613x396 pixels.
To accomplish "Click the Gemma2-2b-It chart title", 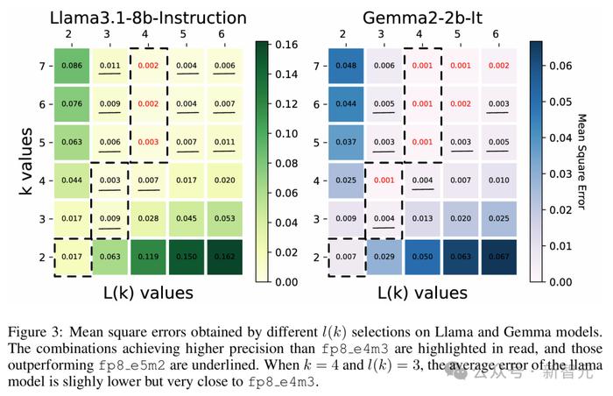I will coord(445,17).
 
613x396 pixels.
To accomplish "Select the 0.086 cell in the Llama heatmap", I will coord(72,66).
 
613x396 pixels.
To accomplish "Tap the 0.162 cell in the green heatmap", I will coord(225,258).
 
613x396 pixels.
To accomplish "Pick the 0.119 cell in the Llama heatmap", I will coord(148,258).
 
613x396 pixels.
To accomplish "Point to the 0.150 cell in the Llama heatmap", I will coord(187,258).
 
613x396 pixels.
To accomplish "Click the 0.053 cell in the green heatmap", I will coord(225,219).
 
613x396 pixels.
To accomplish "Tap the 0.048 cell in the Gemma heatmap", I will coord(348,66).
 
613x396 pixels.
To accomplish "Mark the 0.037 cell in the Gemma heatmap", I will coord(348,142).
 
